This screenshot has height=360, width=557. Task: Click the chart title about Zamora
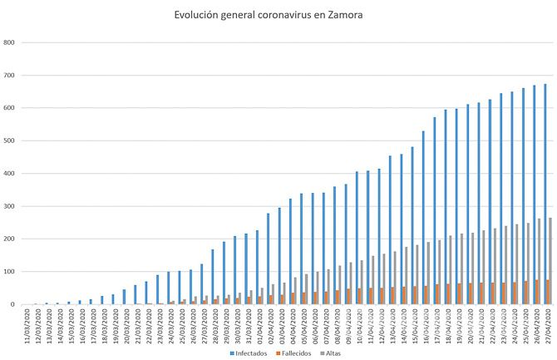point(268,15)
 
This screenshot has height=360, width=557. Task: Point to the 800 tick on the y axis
point(9,42)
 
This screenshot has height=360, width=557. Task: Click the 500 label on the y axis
point(9,141)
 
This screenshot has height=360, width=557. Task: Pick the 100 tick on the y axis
point(9,272)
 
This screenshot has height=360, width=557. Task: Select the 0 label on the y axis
point(13,304)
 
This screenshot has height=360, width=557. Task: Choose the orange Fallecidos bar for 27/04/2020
point(548,292)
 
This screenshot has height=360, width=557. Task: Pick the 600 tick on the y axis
point(9,108)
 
